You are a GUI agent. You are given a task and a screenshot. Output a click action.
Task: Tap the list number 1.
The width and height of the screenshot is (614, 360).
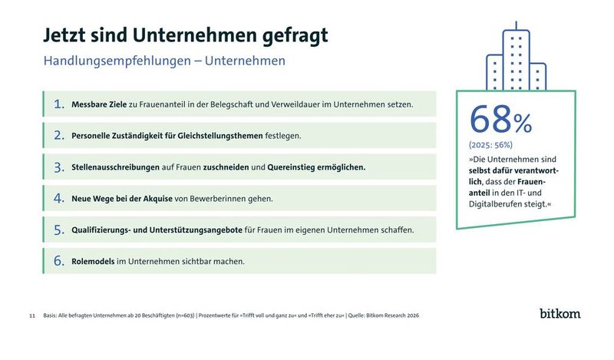58,104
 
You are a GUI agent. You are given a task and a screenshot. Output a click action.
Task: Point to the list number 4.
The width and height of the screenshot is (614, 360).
58,198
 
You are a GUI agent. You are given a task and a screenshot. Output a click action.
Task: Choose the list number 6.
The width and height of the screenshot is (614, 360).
58,261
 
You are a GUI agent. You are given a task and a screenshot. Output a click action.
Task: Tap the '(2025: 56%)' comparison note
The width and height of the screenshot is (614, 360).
490,144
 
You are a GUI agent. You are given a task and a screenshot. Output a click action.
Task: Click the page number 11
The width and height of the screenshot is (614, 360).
31,315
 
